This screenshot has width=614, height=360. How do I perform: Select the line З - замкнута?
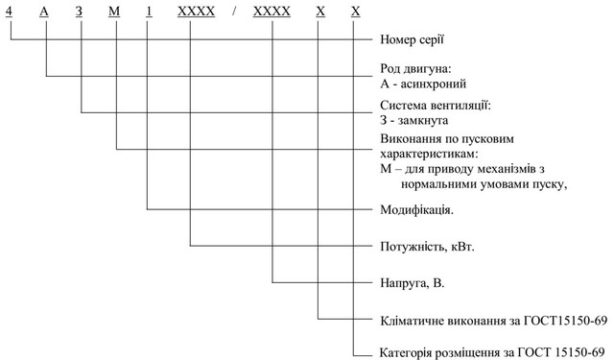(415, 121)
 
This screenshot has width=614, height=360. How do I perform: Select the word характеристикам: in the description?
(429, 154)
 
